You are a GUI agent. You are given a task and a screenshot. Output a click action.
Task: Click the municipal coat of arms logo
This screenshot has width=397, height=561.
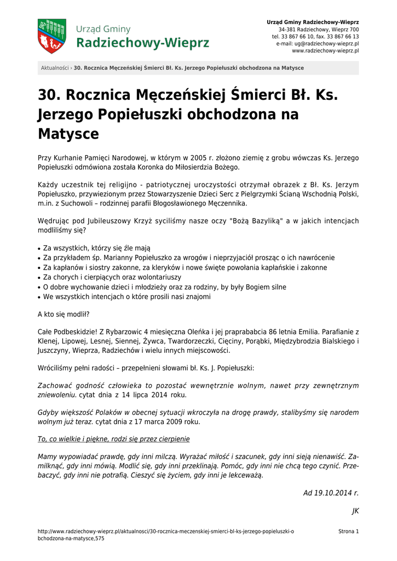[51, 36]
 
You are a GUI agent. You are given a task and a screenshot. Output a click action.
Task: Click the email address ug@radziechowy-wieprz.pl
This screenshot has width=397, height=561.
[326, 43]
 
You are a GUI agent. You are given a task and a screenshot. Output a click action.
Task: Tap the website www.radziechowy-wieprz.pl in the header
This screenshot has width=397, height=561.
[325, 50]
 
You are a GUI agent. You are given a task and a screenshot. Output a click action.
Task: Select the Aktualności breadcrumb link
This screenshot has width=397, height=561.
[55, 68]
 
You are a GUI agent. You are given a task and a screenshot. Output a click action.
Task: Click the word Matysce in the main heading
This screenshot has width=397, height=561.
[68, 134]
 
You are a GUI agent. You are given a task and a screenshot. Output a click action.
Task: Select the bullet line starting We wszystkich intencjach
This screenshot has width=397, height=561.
[126, 297]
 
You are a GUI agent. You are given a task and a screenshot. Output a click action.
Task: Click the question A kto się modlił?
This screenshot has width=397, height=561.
[63, 314]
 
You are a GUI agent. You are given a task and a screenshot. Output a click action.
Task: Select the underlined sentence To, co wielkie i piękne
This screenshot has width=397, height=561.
[113, 439]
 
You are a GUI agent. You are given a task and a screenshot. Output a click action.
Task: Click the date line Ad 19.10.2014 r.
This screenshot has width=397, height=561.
[331, 493]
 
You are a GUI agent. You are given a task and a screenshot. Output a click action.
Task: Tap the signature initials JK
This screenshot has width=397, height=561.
[355, 511]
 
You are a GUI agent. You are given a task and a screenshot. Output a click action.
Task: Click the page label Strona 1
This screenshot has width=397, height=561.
[348, 531]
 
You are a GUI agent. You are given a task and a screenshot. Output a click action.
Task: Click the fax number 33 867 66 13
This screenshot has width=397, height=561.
[341, 36]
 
